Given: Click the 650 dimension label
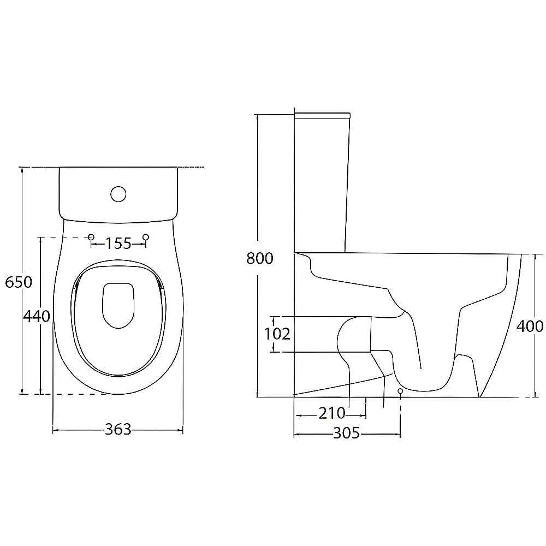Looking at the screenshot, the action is [x=19, y=282].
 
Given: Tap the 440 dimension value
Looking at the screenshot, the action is [x=37, y=316].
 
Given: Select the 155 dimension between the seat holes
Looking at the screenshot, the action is [x=118, y=244].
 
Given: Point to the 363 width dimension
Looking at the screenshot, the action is [x=118, y=429].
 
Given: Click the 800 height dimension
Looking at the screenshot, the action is [x=260, y=258].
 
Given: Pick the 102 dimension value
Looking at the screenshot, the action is [x=277, y=334].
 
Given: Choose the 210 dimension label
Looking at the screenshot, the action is [x=332, y=413].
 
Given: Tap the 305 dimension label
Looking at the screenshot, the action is [x=347, y=433].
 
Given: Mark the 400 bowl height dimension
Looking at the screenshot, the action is [x=530, y=327].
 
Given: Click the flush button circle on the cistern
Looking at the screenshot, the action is [x=118, y=194].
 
